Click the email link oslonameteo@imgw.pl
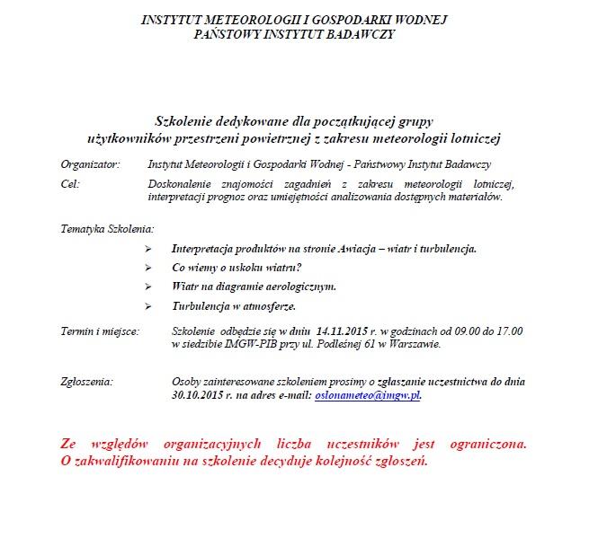(x=366, y=394)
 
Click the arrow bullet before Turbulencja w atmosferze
(x=147, y=306)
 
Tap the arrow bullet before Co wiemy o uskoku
(x=147, y=268)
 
